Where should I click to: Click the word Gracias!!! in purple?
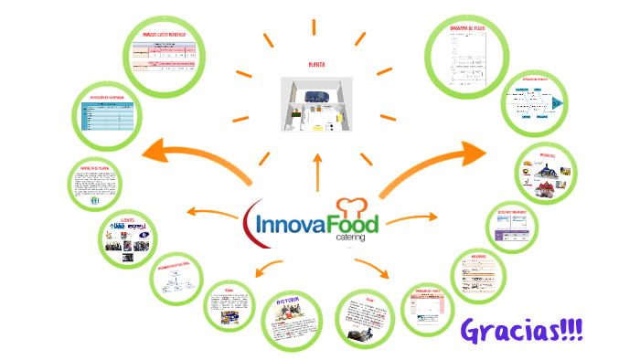(x=522, y=329)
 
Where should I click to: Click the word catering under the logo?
(x=349, y=237)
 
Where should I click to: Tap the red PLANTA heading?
(x=317, y=66)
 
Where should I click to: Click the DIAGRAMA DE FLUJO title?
(x=472, y=28)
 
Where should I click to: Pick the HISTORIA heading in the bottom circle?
(x=293, y=302)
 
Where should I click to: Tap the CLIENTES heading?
(x=127, y=221)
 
